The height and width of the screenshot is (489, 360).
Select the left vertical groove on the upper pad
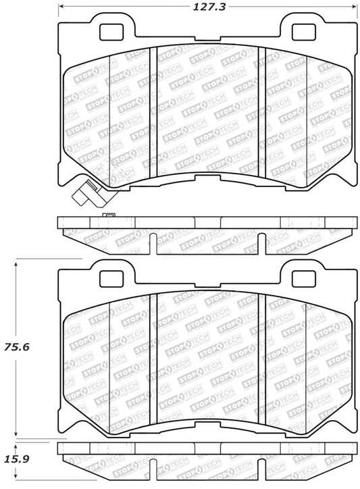[x=156, y=107]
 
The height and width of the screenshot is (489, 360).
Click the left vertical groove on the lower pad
[x=156, y=351]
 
